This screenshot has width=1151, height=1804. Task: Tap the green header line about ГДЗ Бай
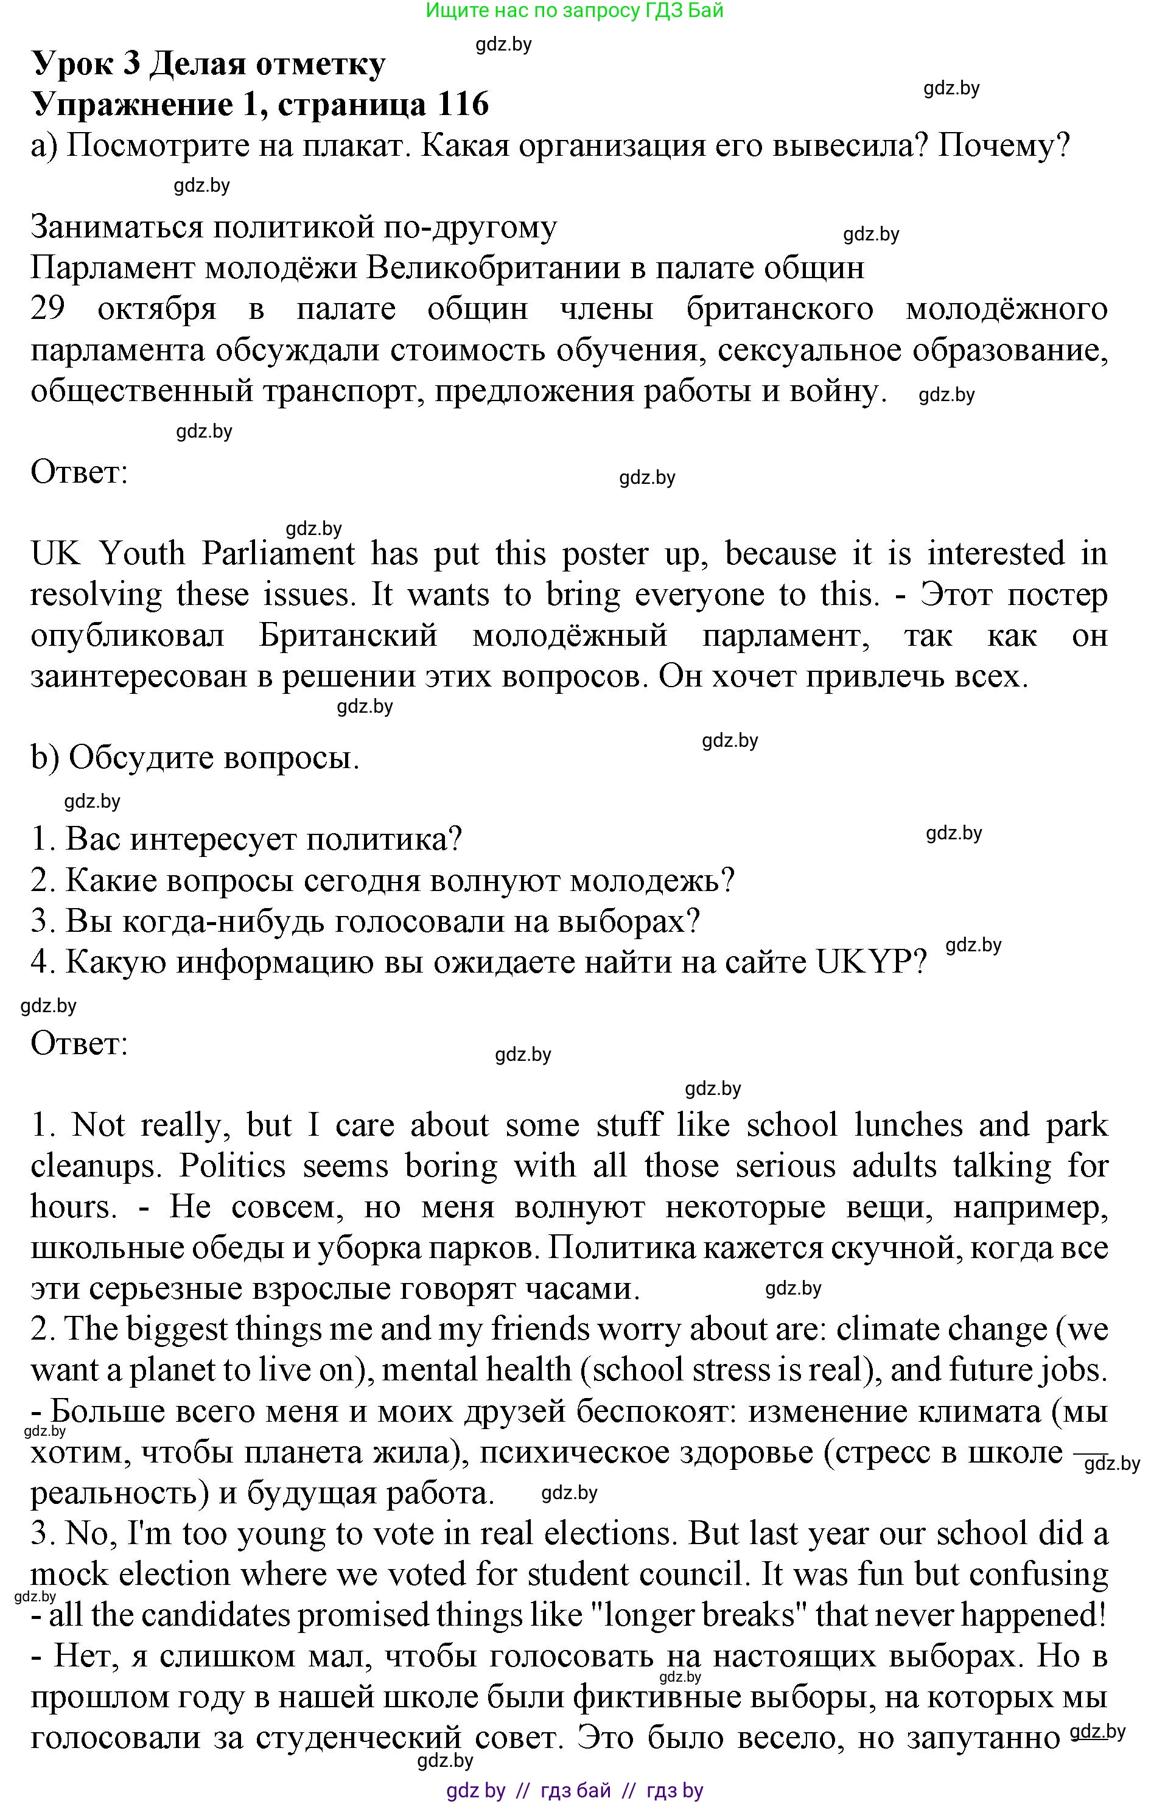[x=575, y=10]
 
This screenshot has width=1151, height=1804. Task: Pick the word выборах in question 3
[x=628, y=921]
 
